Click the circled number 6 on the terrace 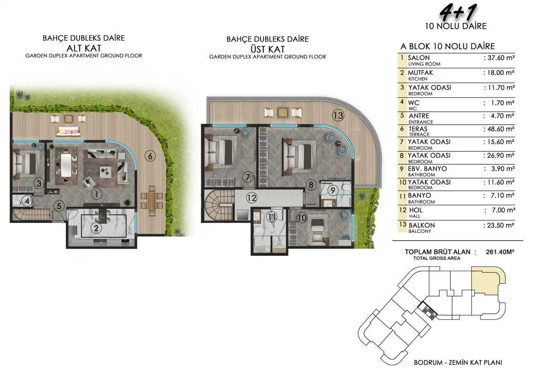pos(150,156)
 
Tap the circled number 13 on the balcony pos(338,115)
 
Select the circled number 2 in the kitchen pos(96,228)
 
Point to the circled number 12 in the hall pos(251,198)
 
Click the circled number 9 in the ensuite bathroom pos(332,190)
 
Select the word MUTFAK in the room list pos(420,73)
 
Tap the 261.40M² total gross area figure pos(500,252)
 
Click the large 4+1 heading pos(458,13)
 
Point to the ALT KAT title pos(83,48)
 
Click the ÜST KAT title pos(268,49)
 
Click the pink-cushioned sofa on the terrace pos(68,131)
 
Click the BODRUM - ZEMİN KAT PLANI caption pos(457,362)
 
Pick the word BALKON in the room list pos(422,225)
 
